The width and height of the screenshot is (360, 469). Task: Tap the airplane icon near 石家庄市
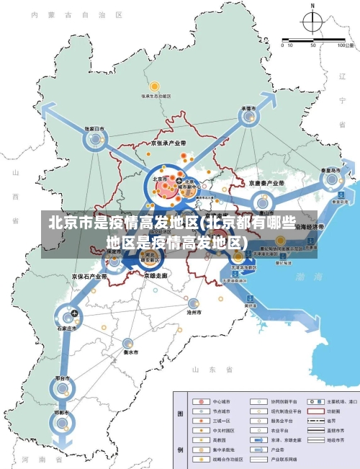(74, 313)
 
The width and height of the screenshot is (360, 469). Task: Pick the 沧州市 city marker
(193, 303)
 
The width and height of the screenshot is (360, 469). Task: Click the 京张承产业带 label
(168, 143)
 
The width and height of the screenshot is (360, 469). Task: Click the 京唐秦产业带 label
(267, 184)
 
